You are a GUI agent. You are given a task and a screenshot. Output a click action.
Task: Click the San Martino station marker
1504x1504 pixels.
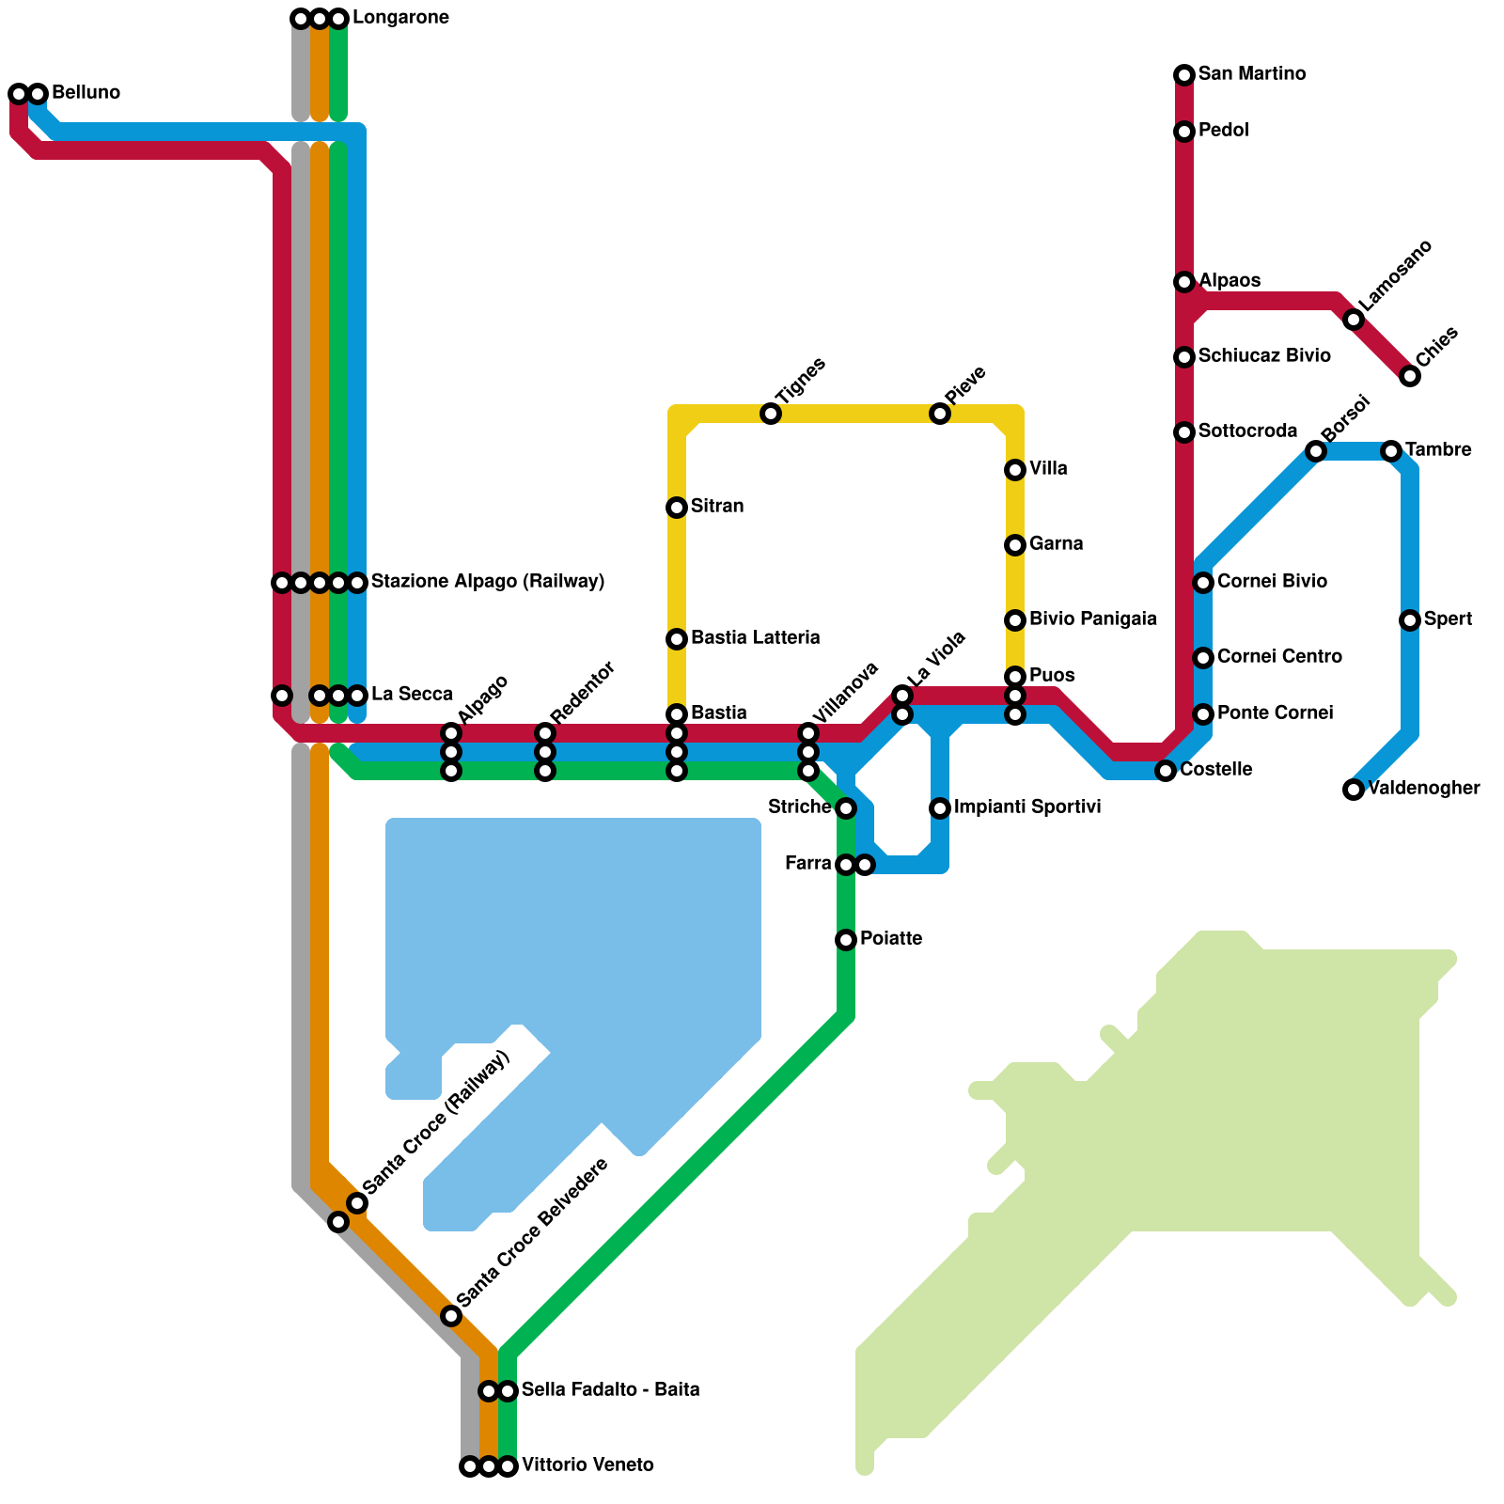pyautogui.click(x=1184, y=75)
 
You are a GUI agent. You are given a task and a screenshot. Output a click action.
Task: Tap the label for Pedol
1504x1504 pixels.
pyautogui.click(x=1223, y=131)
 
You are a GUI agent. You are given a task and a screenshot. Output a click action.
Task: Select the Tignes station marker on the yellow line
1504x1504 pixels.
pyautogui.click(x=771, y=414)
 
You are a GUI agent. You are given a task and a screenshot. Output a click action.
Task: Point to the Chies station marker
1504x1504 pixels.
pyautogui.click(x=1410, y=376)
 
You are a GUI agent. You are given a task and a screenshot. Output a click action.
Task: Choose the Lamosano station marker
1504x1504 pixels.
pyautogui.click(x=1354, y=320)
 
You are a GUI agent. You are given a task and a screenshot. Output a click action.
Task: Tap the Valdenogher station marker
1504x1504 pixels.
pyautogui.click(x=1354, y=790)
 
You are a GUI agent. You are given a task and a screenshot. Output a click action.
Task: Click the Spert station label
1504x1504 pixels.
pyautogui.click(x=1448, y=619)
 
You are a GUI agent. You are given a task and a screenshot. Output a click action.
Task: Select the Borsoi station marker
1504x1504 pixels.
pyautogui.click(x=1316, y=451)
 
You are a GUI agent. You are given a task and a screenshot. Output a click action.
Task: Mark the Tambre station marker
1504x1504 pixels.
pyautogui.click(x=1391, y=451)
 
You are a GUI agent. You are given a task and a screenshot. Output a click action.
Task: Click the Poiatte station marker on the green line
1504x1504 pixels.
pyautogui.click(x=846, y=940)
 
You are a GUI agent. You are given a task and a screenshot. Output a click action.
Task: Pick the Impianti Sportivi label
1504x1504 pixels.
pyautogui.click(x=1027, y=807)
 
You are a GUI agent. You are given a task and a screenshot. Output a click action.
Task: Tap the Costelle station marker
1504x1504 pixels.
pyautogui.click(x=1166, y=771)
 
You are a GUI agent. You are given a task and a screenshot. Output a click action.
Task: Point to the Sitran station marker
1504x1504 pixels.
pyautogui.click(x=677, y=508)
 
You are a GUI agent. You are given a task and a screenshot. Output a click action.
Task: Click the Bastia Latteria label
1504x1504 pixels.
pyautogui.click(x=755, y=638)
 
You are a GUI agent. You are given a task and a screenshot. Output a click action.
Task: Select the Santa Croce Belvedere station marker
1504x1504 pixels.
pyautogui.click(x=451, y=1316)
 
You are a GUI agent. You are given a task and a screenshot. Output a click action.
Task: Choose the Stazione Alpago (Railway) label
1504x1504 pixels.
pyautogui.click(x=487, y=582)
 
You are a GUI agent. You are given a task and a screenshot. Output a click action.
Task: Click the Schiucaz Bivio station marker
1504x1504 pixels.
pyautogui.click(x=1184, y=357)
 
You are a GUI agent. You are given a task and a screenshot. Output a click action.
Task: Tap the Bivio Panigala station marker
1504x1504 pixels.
pyautogui.click(x=1015, y=620)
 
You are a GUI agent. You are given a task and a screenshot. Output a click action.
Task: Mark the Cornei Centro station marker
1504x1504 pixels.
pyautogui.click(x=1203, y=658)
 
